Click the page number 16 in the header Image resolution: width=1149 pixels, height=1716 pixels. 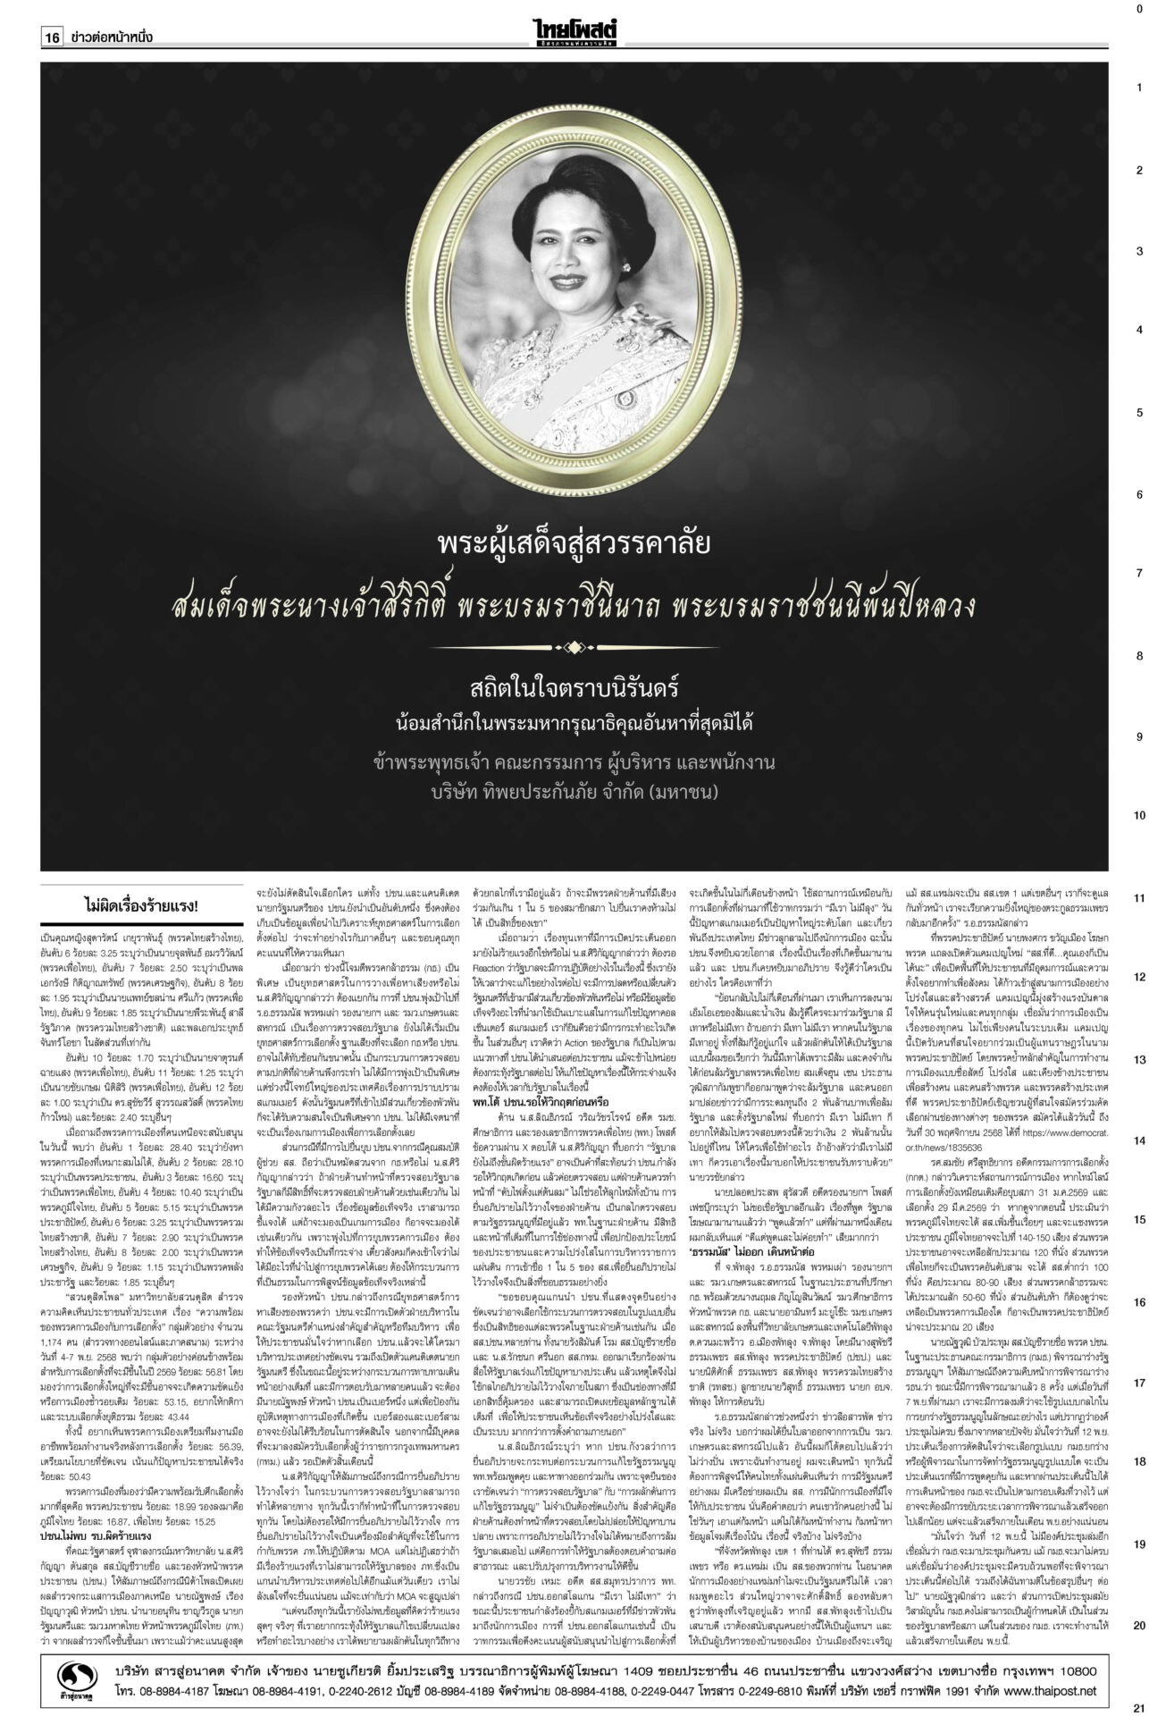click(52, 38)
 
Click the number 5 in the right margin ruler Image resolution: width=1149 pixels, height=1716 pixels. click(1138, 413)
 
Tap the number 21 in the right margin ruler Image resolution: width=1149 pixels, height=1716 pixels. click(1138, 1705)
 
